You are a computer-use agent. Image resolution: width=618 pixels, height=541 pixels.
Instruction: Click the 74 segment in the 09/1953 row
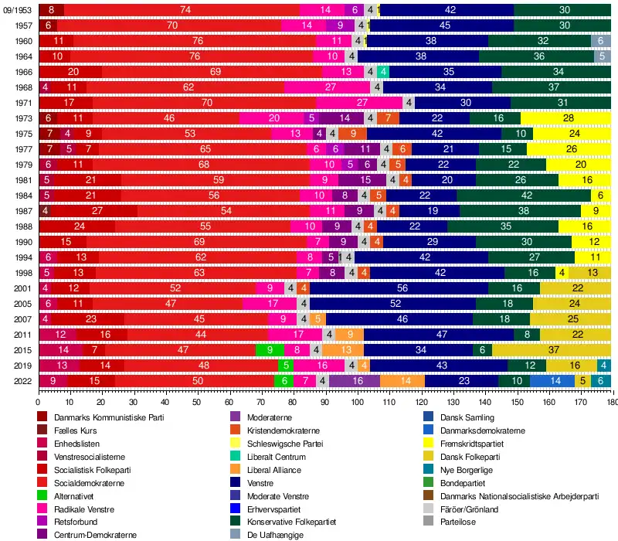[x=185, y=9]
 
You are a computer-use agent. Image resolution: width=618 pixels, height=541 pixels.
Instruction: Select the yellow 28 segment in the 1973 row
[x=568, y=117]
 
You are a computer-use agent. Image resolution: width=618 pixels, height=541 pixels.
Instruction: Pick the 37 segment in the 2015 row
[x=554, y=349]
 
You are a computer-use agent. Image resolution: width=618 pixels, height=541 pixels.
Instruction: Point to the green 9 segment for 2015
[x=270, y=349]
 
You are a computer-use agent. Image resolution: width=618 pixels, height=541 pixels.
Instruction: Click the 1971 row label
[x=22, y=102]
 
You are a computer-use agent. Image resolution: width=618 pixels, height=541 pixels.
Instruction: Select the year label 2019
[x=22, y=365]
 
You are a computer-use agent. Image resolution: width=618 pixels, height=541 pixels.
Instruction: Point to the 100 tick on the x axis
[x=357, y=402]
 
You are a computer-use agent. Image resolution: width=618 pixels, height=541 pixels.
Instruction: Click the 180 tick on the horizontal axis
[x=612, y=402]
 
